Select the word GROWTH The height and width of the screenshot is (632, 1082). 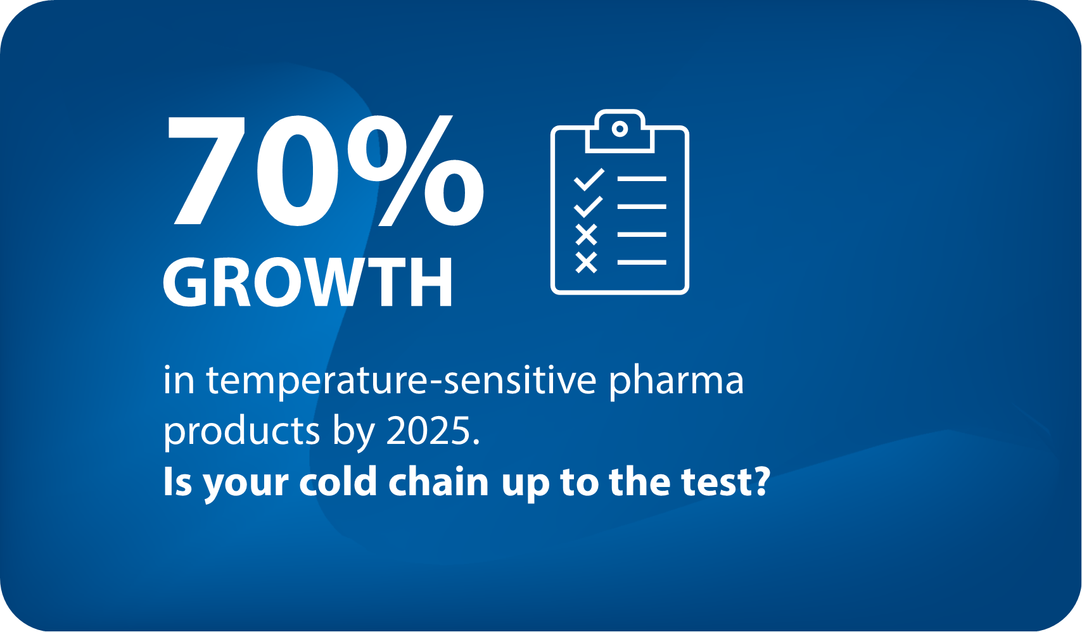(308, 282)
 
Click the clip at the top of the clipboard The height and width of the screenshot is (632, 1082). (620, 131)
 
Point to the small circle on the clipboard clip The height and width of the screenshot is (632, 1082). (620, 129)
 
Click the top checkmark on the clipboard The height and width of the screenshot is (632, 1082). (589, 179)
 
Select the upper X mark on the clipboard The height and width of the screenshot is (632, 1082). (587, 235)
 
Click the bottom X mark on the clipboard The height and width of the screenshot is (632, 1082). (587, 263)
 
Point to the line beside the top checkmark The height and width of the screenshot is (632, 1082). (642, 179)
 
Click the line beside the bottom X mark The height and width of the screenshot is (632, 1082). (642, 263)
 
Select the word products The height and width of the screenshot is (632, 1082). (241, 431)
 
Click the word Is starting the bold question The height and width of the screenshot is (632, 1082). (178, 482)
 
